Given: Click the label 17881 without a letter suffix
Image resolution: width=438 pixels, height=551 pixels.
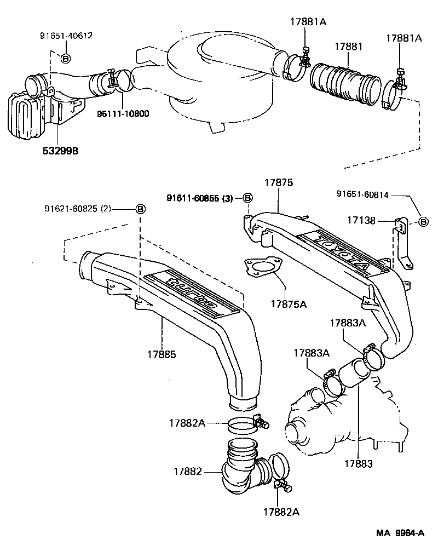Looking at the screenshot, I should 345,47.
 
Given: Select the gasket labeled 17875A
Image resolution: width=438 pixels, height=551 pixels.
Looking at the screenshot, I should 260,271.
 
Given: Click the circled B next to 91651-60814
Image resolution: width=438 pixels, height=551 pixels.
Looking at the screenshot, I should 423,221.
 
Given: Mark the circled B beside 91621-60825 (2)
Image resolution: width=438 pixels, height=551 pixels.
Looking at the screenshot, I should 140,209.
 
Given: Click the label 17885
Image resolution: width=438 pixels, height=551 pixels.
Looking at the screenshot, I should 161,355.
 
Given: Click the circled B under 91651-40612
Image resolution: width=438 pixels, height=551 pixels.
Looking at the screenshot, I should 65,58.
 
